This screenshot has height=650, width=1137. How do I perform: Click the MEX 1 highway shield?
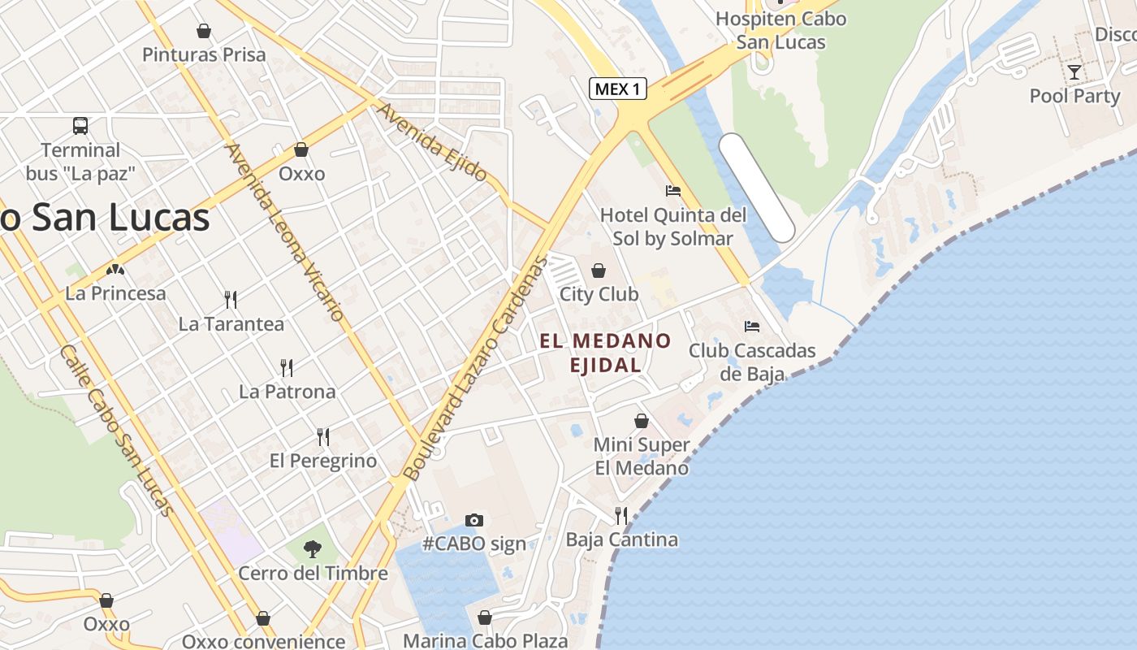click(617, 89)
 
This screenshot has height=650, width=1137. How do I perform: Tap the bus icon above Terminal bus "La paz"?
click(80, 126)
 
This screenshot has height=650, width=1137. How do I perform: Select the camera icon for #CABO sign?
click(474, 520)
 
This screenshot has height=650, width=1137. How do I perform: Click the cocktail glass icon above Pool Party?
click(1074, 72)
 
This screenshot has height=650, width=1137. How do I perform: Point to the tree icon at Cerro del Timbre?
click(313, 549)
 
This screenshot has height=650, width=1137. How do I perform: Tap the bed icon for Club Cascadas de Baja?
click(752, 327)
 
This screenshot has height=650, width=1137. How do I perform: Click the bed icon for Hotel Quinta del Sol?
click(672, 191)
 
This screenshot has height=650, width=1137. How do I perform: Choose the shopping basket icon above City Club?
click(599, 271)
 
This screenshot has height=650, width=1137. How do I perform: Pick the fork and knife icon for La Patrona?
click(287, 368)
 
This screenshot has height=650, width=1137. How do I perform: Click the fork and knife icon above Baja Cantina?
click(621, 516)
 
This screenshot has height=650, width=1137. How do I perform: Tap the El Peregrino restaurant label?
click(323, 461)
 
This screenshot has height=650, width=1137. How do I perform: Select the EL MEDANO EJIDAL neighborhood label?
click(606, 353)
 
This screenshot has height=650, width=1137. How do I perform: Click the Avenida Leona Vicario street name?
click(285, 232)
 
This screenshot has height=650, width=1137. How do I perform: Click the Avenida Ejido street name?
click(431, 142)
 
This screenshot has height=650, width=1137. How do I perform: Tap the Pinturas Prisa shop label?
click(204, 54)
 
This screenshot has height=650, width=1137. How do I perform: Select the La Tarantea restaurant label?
click(231, 324)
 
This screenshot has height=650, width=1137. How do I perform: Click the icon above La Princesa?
click(115, 269)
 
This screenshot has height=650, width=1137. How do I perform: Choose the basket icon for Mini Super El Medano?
click(642, 421)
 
